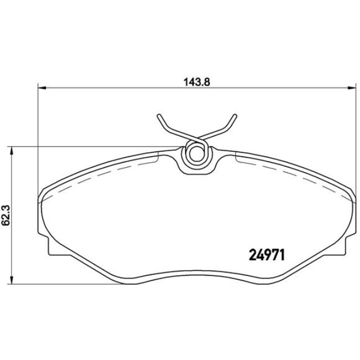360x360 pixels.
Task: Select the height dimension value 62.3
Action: [x=6, y=215]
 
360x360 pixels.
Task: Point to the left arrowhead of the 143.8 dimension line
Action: [x=40, y=87]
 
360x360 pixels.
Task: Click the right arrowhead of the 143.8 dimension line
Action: [x=350, y=87]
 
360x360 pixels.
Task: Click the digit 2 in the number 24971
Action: [x=249, y=255]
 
